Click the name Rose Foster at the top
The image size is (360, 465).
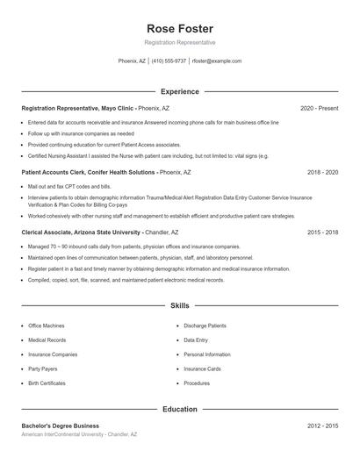point(180,28)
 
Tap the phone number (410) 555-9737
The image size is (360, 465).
point(169,61)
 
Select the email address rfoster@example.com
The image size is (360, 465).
point(217,61)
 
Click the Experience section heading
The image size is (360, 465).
point(180,91)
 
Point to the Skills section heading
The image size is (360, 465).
point(180,306)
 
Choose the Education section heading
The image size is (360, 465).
point(180,409)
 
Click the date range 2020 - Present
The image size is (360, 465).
point(319,108)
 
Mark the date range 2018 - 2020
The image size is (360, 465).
point(322,173)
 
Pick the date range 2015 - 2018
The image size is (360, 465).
point(322,232)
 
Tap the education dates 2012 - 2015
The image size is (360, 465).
point(322,426)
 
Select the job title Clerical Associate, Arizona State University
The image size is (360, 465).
point(81,232)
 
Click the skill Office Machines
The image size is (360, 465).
point(47,325)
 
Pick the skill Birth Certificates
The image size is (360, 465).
point(47,383)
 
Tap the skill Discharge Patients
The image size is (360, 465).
point(205,325)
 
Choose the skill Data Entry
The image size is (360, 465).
point(196,340)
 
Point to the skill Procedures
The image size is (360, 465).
point(197,383)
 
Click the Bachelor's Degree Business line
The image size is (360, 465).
point(61,426)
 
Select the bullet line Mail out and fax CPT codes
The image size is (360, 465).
point(69,187)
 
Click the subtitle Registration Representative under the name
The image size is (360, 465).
point(180,42)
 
